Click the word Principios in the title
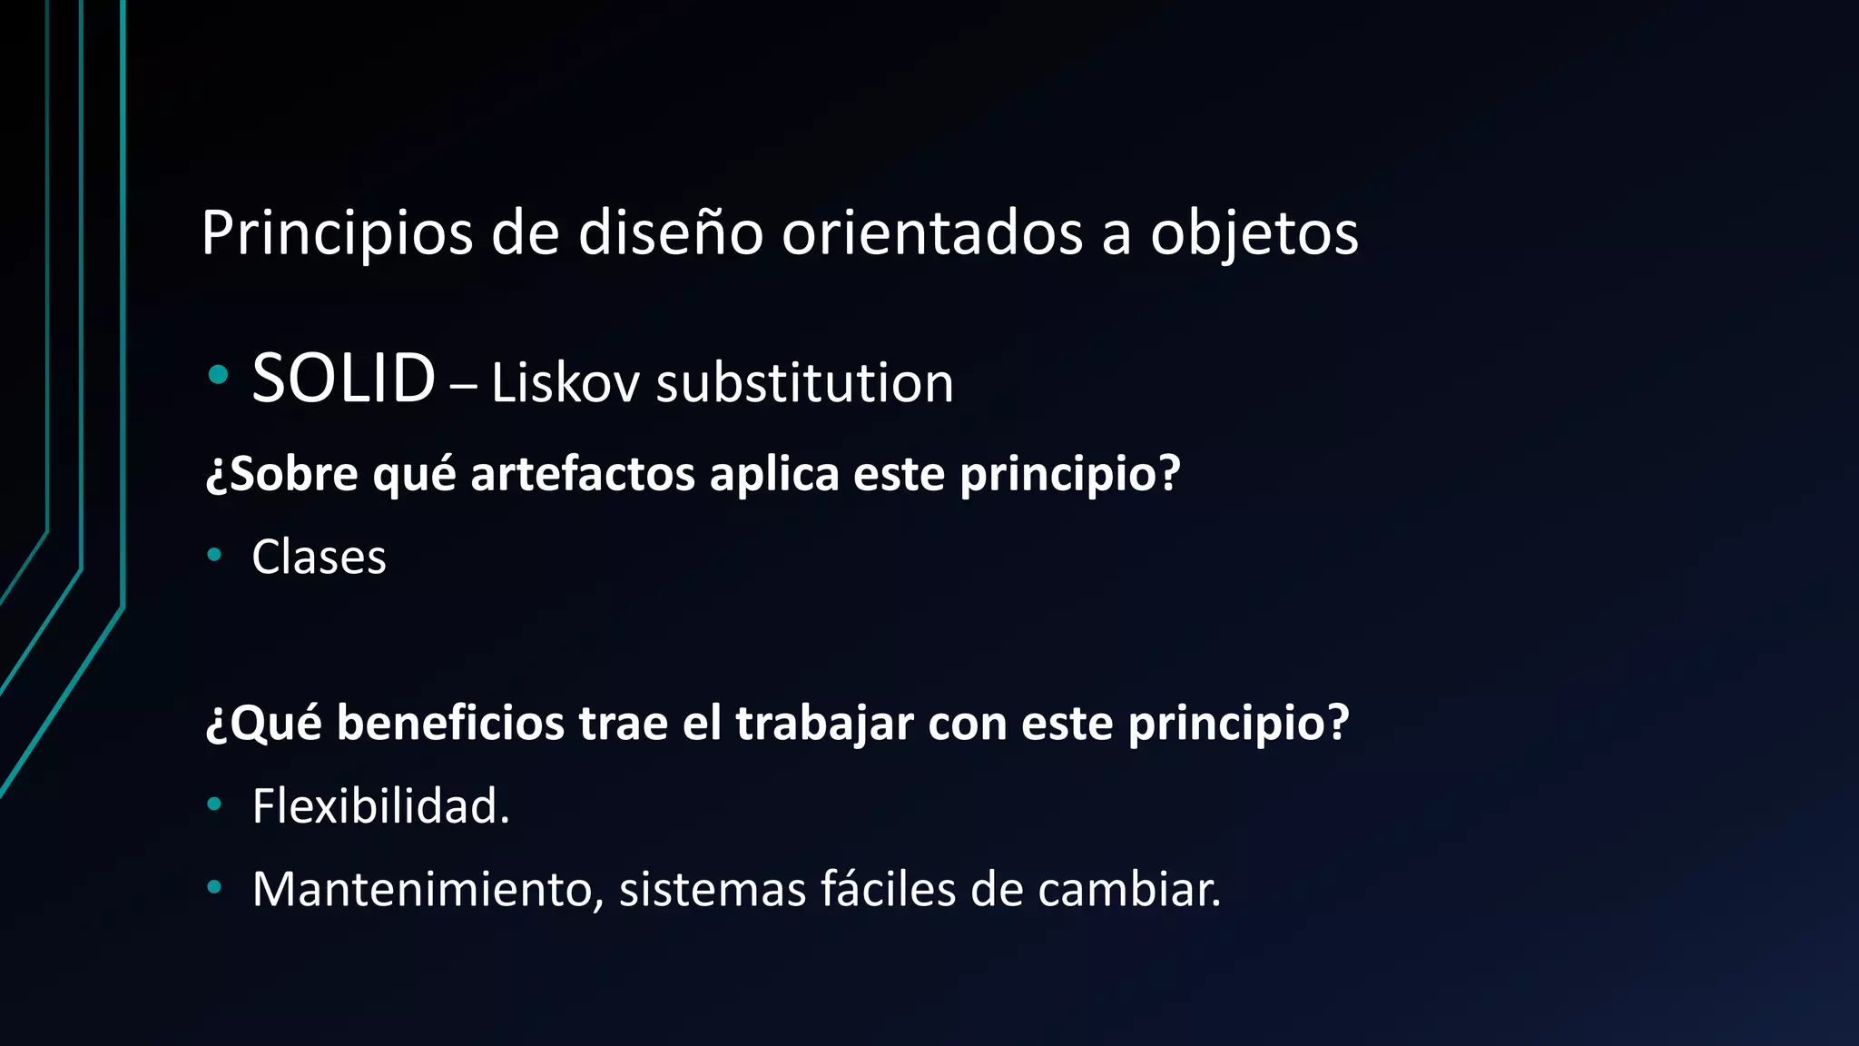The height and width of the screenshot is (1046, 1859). (x=337, y=234)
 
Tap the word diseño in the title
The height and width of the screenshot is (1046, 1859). (x=670, y=232)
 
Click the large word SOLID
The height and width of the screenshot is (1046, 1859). (x=343, y=379)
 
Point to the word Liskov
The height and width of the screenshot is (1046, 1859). (x=566, y=383)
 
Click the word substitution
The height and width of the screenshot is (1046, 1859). (x=804, y=383)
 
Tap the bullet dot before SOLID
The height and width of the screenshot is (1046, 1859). (x=217, y=374)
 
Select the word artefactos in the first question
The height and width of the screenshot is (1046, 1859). (x=582, y=474)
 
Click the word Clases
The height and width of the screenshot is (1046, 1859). (x=319, y=558)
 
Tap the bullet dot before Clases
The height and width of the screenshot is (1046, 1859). (x=214, y=554)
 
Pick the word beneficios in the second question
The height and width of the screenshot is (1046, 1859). (x=450, y=724)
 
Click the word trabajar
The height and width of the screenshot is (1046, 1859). (x=824, y=724)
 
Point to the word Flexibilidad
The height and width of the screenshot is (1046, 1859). (x=380, y=806)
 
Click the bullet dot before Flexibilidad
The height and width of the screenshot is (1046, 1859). (x=214, y=803)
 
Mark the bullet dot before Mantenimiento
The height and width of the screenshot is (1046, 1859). (x=214, y=886)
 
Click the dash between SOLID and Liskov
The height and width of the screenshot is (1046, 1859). (x=463, y=386)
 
